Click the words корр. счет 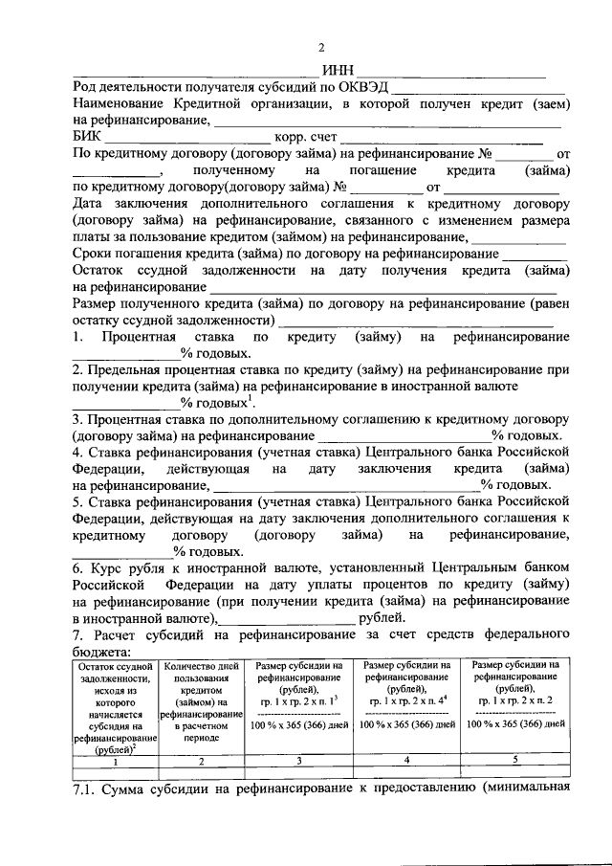tap(308, 137)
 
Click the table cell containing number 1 tap(115, 762)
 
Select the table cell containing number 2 tap(200, 762)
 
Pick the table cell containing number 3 tap(298, 762)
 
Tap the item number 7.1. tap(87, 789)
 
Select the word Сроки tap(97, 254)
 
